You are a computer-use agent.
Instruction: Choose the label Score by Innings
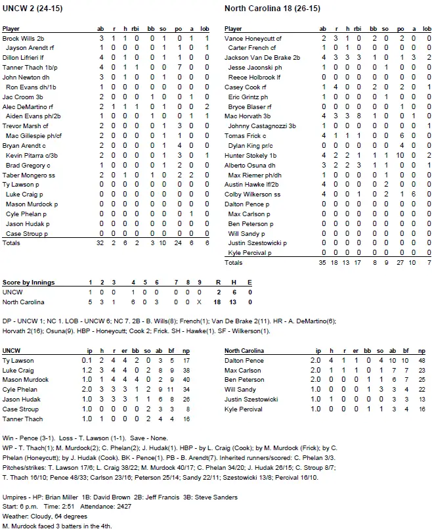28,283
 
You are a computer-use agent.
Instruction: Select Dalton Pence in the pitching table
244,361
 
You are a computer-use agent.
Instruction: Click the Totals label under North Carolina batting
233,262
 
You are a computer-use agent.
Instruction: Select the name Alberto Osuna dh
249,164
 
